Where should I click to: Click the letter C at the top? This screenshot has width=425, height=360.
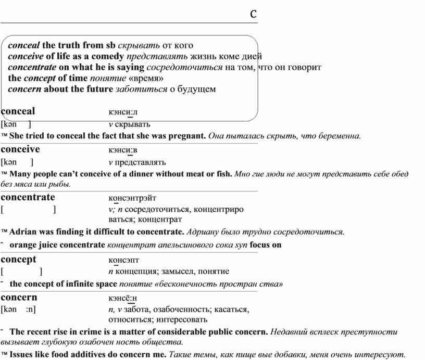[x=253, y=14]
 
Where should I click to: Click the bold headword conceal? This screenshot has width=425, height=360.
[x=18, y=111]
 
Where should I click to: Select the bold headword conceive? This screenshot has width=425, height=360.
[x=20, y=149]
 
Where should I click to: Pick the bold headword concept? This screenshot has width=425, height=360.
[x=19, y=260]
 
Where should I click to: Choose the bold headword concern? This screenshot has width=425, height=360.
[x=19, y=298]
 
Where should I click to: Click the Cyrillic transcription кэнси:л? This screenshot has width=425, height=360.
[x=123, y=112]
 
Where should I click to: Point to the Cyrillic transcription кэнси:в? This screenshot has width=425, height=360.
[x=123, y=150]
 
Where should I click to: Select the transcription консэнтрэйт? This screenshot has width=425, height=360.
[x=132, y=198]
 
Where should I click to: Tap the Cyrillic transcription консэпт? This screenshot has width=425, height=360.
[x=124, y=260]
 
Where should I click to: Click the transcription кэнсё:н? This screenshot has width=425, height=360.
[x=123, y=299]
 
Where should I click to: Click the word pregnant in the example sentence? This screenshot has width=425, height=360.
[x=189, y=136]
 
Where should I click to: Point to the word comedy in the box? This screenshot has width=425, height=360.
[x=108, y=56]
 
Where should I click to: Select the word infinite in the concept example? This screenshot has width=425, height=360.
[x=80, y=284]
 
